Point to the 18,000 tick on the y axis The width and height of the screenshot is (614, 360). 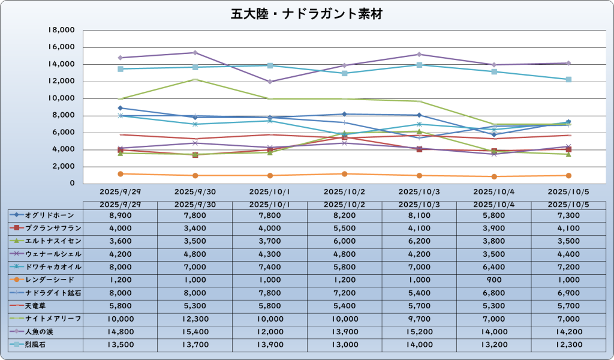click(x=61, y=30)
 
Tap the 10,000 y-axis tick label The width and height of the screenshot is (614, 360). click(x=61, y=98)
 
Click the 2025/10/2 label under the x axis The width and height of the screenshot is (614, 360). click(x=344, y=192)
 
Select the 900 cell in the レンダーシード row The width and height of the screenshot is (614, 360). click(x=493, y=280)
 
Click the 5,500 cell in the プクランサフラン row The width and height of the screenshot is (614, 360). click(x=344, y=228)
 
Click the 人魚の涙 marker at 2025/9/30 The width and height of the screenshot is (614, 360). click(x=195, y=53)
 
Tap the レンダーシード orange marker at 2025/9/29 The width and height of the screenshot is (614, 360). click(x=121, y=174)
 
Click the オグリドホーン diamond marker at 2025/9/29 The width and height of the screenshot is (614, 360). click(x=121, y=108)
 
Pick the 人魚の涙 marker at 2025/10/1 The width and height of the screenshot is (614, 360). click(x=270, y=82)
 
